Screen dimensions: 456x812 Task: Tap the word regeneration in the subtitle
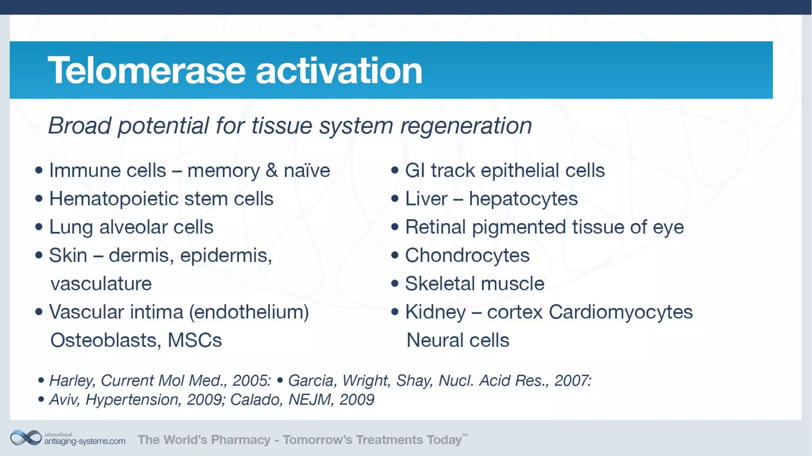[466, 126]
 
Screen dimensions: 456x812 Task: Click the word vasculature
[101, 284]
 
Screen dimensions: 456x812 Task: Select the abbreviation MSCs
[195, 340]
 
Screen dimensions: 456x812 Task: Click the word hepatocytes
[523, 199]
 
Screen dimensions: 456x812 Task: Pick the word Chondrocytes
[467, 255]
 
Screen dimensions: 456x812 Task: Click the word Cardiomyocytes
[620, 312]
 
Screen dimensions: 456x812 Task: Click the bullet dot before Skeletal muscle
[395, 284]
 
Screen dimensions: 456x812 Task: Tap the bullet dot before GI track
[395, 170]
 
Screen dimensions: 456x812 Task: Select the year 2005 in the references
[251, 381]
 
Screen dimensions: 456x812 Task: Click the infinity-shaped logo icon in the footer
[26, 438]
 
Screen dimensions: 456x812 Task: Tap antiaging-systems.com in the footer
[84, 441]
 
